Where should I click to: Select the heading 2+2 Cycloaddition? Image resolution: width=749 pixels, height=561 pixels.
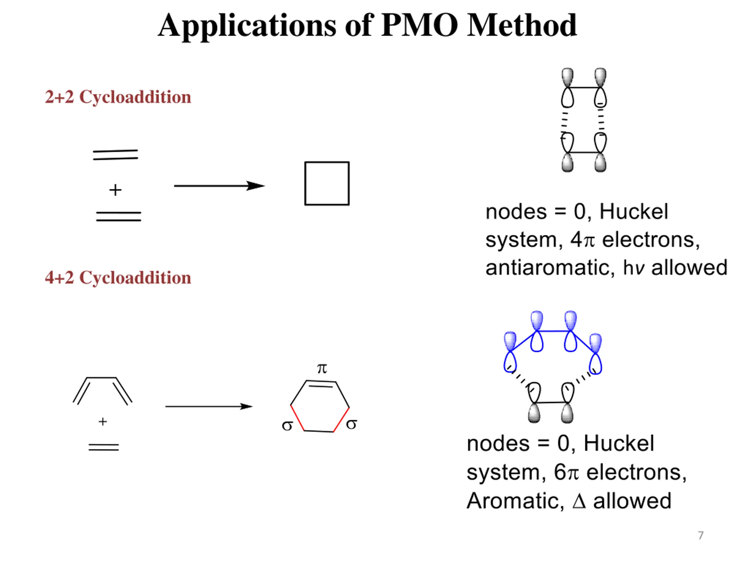118,97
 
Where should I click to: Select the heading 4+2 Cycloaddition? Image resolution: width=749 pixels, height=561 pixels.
118,278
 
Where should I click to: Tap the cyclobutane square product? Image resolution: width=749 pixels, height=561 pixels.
327,183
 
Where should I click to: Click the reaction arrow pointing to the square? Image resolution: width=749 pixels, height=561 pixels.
219,186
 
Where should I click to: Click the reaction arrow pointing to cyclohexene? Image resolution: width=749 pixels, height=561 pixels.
209,406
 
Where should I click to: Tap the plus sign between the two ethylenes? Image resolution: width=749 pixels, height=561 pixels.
115,190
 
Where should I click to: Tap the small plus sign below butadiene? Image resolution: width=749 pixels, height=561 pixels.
103,422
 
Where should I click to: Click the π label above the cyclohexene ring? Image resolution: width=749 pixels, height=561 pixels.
322,368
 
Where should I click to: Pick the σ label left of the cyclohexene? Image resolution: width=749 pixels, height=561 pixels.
287,425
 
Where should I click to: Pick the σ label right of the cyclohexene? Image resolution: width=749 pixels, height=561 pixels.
351,424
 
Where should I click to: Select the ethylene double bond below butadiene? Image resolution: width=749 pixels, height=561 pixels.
104,447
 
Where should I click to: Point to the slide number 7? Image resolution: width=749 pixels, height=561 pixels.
701,535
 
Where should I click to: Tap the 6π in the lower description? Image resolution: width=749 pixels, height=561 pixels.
566,472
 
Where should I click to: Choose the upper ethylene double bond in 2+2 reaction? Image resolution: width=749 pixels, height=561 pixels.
116,155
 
